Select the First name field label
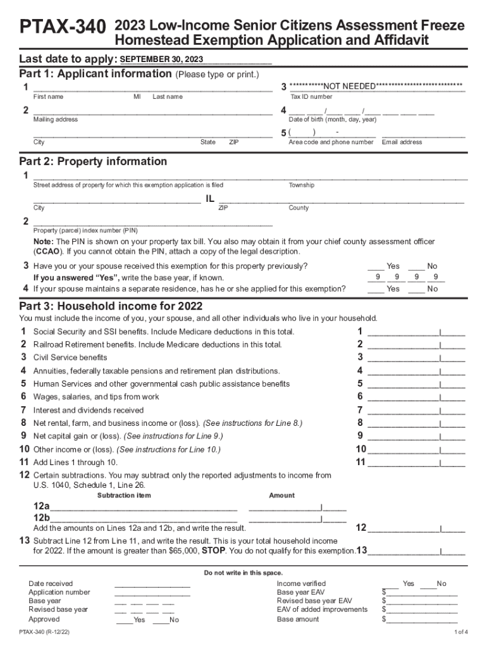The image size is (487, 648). [48, 97]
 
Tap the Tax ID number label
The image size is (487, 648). [311, 97]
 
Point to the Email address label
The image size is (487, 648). [402, 142]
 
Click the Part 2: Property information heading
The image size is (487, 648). [94, 161]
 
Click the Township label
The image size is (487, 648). [302, 185]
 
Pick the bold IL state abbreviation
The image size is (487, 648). [211, 199]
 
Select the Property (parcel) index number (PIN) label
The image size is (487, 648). [85, 230]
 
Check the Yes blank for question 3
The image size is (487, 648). [376, 266]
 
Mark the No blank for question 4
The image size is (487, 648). [416, 289]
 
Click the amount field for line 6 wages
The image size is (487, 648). [416, 397]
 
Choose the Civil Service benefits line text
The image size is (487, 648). [70, 358]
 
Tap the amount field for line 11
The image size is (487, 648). [416, 463]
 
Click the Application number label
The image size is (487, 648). [59, 592]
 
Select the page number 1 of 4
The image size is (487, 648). [460, 632]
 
